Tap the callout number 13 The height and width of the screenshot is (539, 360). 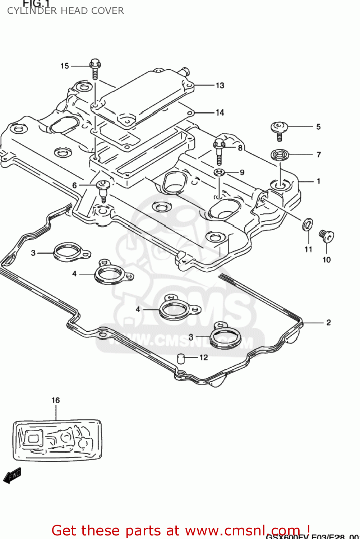[220, 86]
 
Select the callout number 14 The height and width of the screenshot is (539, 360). [220, 113]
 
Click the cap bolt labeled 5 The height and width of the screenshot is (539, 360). [279, 129]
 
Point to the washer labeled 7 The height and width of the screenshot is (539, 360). [280, 155]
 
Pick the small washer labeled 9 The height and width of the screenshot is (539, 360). [220, 172]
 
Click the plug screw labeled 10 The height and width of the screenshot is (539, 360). [327, 236]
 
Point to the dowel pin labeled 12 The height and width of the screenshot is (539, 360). [181, 358]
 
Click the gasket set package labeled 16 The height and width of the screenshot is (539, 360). [57, 440]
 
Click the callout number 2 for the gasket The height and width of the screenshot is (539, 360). [328, 323]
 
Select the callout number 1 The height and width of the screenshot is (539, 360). [318, 181]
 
